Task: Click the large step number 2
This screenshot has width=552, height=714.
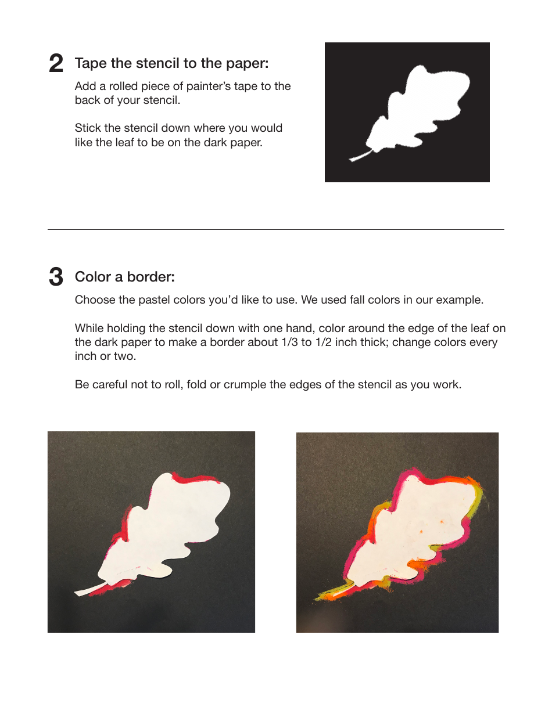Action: tap(56, 64)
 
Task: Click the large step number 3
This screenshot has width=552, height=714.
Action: tap(56, 277)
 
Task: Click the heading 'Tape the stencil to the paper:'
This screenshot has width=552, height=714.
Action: tap(171, 63)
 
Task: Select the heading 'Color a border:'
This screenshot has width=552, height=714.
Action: tap(124, 277)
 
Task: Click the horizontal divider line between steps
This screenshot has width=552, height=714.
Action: tap(275, 229)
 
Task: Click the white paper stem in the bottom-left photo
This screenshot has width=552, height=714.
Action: tap(87, 590)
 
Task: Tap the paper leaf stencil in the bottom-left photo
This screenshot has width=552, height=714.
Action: tap(169, 528)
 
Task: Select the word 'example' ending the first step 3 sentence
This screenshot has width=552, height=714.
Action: tap(458, 301)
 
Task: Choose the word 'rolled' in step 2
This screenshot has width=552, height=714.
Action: tap(127, 86)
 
